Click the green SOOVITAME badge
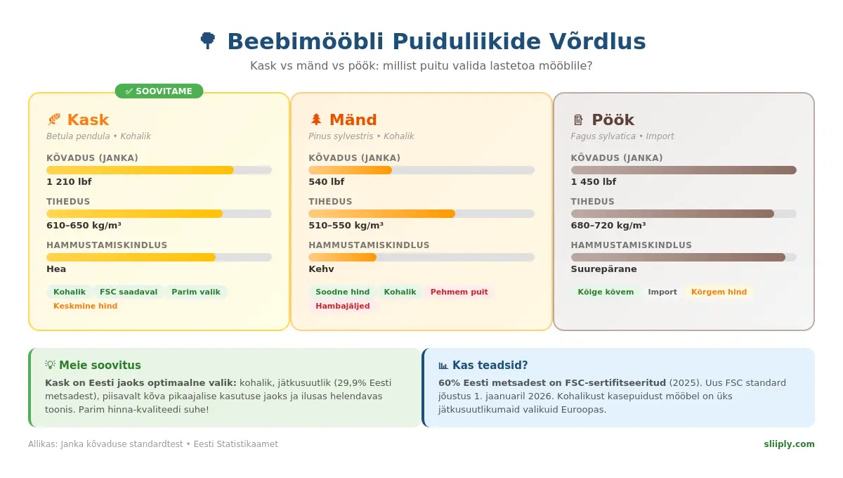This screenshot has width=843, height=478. pyautogui.click(x=159, y=91)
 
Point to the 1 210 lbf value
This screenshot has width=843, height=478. pyautogui.click(x=69, y=182)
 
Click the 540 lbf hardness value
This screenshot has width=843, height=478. pyautogui.click(x=327, y=182)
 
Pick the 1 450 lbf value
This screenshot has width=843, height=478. pyautogui.click(x=594, y=182)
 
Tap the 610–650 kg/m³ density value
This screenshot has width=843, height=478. pyautogui.click(x=84, y=226)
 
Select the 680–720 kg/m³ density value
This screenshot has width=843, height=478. pyautogui.click(x=608, y=226)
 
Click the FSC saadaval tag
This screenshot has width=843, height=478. pyautogui.click(x=129, y=292)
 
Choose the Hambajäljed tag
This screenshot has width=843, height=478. pyautogui.click(x=343, y=306)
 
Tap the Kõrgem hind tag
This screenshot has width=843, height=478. pyautogui.click(x=719, y=292)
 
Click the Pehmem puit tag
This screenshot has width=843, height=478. pyautogui.click(x=459, y=292)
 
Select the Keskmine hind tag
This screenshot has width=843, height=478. pyautogui.click(x=86, y=306)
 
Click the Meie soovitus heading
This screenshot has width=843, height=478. pyautogui.click(x=100, y=366)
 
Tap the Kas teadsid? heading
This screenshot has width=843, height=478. pyautogui.click(x=490, y=366)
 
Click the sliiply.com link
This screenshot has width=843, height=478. pyautogui.click(x=789, y=444)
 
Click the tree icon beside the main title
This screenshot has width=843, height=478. pyautogui.click(x=207, y=41)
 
